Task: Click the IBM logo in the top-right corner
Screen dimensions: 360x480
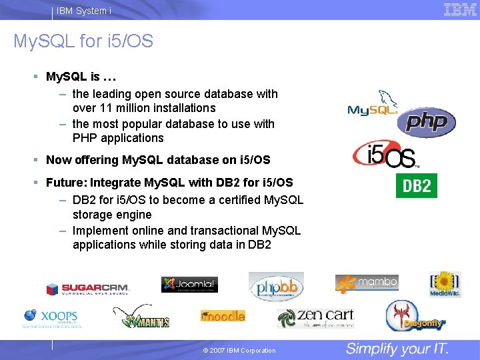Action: point(460,9)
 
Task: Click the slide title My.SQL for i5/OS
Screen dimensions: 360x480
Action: point(83,42)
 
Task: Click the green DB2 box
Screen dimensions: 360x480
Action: point(417,185)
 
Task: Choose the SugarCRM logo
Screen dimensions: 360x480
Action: point(87,289)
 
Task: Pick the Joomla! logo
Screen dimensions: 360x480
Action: point(189,285)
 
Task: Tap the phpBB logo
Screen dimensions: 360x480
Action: point(276,286)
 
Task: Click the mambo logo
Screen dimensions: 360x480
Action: point(367,283)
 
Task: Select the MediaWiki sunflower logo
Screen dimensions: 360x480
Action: point(445,284)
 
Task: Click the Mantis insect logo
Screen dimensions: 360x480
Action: point(141,318)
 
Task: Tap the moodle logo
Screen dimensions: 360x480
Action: point(223,315)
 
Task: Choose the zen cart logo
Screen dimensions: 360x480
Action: point(315,317)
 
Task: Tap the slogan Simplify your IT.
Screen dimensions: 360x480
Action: point(397,349)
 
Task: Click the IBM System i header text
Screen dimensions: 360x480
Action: point(84,11)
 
